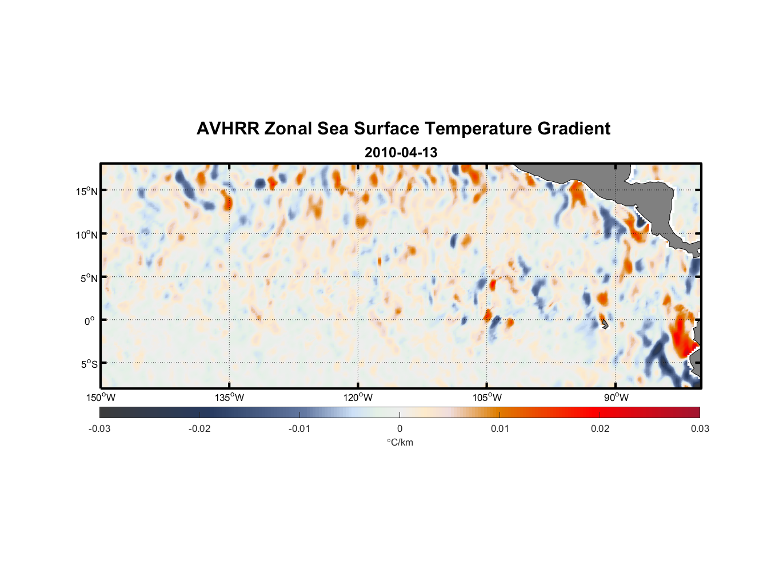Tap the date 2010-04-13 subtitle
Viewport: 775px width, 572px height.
[401, 153]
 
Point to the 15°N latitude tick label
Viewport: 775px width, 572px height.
[87, 191]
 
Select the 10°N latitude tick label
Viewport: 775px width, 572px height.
[87, 235]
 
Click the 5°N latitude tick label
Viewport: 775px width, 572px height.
[89, 278]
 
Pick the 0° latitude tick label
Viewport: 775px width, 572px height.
[90, 321]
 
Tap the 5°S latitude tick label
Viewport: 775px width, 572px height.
[89, 364]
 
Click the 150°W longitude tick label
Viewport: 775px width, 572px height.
[101, 398]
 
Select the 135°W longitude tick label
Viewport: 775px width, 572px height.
[230, 398]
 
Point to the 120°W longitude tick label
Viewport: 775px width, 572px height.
[358, 398]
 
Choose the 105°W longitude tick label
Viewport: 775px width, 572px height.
[487, 398]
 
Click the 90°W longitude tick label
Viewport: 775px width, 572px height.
[616, 398]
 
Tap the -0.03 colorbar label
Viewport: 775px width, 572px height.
[99, 429]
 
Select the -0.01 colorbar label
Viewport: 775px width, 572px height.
[299, 429]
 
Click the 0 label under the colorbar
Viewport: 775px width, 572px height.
[400, 429]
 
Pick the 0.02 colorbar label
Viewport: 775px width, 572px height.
[600, 429]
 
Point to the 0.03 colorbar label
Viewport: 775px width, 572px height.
[700, 429]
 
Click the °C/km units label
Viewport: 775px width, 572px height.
[400, 442]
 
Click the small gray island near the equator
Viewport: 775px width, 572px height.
[605, 324]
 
